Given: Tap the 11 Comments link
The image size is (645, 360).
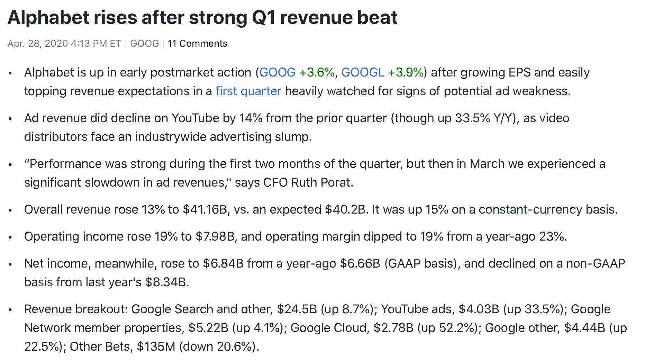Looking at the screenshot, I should pyautogui.click(x=198, y=44).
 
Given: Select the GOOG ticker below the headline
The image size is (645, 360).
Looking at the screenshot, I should pyautogui.click(x=144, y=44).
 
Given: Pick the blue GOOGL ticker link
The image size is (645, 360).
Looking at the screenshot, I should pyautogui.click(x=363, y=72).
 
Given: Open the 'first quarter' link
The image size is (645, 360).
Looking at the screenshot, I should pyautogui.click(x=248, y=91).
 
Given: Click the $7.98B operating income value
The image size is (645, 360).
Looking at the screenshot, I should pyautogui.click(x=215, y=236).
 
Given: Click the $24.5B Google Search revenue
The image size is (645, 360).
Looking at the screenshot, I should pyautogui.click(x=297, y=309).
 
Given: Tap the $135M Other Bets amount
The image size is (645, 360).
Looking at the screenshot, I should pyautogui.click(x=156, y=346).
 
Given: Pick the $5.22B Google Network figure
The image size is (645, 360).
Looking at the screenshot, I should pyautogui.click(x=208, y=328).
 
